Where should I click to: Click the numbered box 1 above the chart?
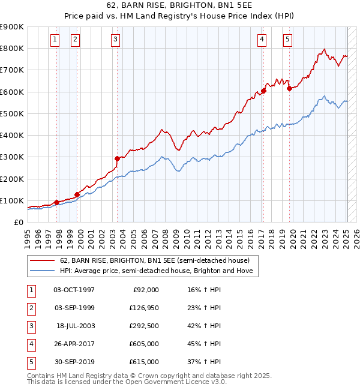[x=55, y=40]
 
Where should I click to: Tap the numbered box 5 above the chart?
[x=288, y=40]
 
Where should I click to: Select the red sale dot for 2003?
[x=118, y=158]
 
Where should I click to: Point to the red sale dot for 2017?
[x=263, y=91]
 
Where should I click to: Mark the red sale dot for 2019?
[x=289, y=88]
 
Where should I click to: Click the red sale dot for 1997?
[x=57, y=202]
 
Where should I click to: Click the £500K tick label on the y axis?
[x=11, y=113]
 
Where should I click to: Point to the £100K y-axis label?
[x=11, y=200]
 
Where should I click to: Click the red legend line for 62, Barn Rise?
[x=43, y=260]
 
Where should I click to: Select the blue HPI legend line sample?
[x=43, y=271]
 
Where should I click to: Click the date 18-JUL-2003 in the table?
[x=76, y=326]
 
